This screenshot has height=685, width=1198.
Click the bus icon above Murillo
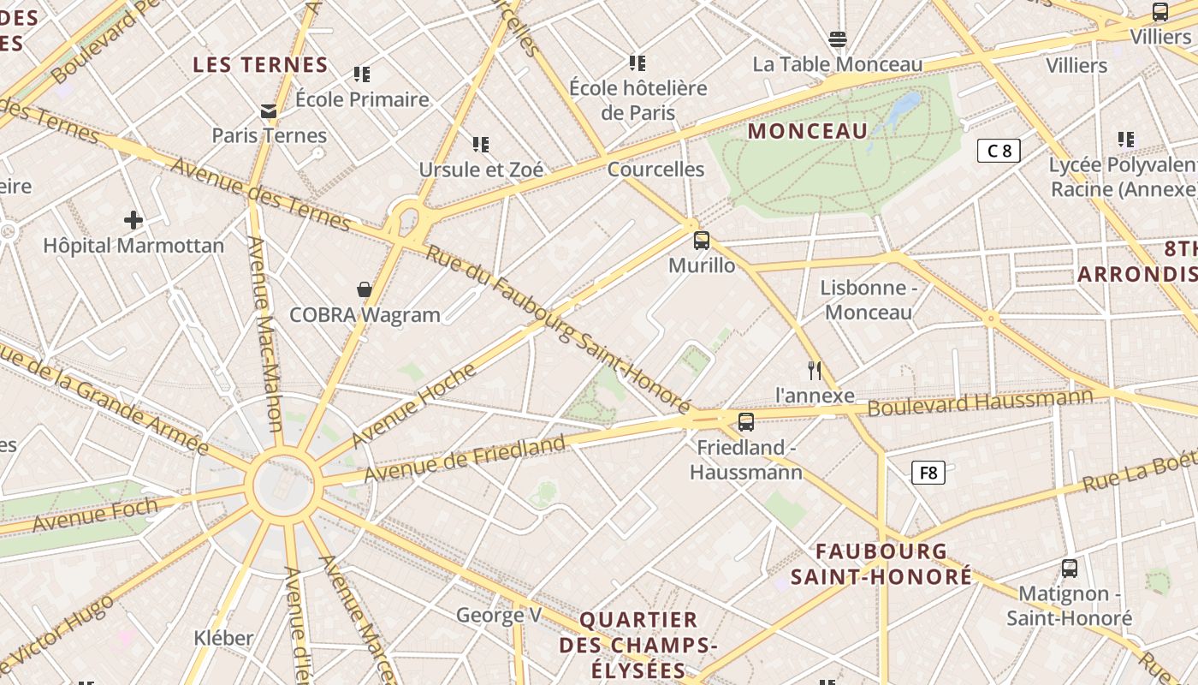point(702,241)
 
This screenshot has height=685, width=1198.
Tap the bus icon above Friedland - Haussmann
point(746,421)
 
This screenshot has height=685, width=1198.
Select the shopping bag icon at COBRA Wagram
point(365,289)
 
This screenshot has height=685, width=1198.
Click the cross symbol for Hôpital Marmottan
point(133,220)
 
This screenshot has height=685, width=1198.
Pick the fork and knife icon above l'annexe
point(815,370)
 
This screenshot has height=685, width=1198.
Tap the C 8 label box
point(999,152)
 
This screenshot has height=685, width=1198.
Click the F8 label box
point(928,473)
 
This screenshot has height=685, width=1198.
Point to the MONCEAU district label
point(808,131)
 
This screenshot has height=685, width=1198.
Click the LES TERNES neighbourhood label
point(260,65)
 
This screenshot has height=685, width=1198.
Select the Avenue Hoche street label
point(413,405)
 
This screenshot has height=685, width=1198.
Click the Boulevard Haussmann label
point(980,402)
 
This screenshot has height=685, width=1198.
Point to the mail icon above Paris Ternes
point(270,110)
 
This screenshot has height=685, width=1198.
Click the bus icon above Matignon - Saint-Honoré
point(1070,568)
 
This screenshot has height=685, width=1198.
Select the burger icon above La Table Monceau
point(838,39)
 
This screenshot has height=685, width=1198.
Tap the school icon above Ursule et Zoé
point(481,144)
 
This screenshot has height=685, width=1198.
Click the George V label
point(499,615)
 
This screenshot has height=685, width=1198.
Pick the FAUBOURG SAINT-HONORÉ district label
point(881,563)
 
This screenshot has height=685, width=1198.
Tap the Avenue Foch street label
point(95,515)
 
